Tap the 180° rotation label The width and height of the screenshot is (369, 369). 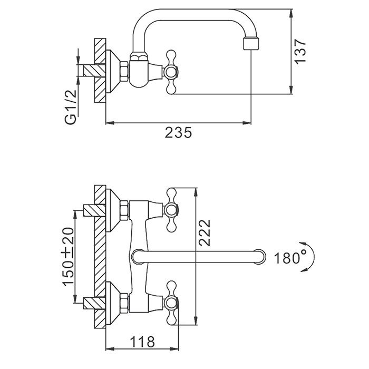[290, 258]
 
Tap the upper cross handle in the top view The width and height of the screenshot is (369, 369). [172, 209]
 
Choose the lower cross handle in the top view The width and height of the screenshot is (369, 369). [172, 302]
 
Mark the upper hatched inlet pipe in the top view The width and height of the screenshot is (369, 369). [90, 210]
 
